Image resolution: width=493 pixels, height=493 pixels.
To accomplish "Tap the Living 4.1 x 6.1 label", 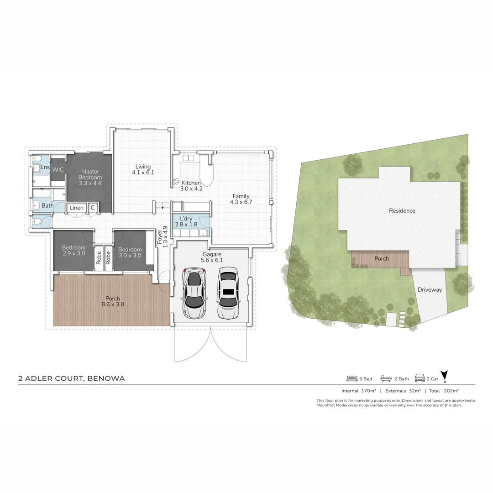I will click(143, 169).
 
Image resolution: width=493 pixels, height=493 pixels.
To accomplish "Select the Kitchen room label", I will click(190, 185).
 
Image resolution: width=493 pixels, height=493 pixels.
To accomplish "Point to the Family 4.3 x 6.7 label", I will click(241, 199).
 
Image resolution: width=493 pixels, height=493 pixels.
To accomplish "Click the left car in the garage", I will click(194, 294).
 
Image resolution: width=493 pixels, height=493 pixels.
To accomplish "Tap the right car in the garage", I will click(228, 293).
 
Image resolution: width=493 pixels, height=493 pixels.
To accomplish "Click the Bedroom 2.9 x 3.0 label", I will click(73, 252).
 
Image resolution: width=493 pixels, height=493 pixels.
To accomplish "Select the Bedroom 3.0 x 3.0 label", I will click(130, 252).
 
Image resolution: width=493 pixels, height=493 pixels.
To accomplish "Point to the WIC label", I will click(58, 169).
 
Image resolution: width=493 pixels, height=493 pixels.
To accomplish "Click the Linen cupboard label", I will click(77, 208).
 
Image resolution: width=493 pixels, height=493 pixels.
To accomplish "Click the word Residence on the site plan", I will click(402, 211).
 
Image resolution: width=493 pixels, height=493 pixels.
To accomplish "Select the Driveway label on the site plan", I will click(430, 289).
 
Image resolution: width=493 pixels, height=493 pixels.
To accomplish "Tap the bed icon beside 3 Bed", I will click(351, 378).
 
